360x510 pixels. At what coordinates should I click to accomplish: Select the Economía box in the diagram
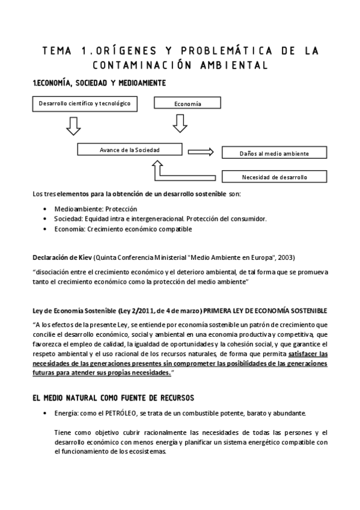point(188,103)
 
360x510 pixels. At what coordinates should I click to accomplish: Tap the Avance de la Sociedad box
point(130,149)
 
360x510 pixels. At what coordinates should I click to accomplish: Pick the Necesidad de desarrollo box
point(275,177)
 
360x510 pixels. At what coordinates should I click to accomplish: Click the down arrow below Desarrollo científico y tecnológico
point(73,125)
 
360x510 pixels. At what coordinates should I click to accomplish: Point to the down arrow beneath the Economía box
point(179,124)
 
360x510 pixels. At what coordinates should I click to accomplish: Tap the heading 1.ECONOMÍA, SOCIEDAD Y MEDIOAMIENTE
point(99,82)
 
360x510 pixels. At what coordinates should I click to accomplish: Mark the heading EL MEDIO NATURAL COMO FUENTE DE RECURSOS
point(112,398)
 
